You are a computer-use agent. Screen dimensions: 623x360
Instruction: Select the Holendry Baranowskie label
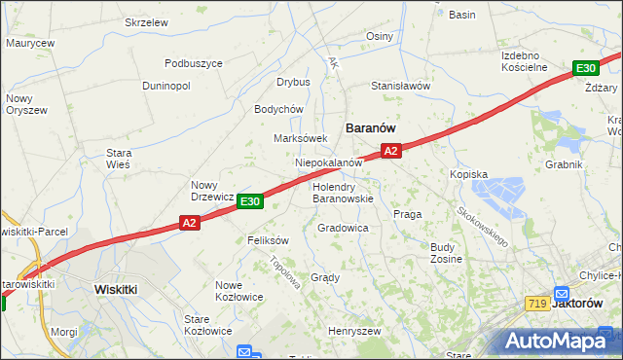point(342,192)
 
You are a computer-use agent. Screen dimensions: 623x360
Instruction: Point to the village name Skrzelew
point(147,21)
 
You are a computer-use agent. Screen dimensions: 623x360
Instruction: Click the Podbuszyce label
point(194,63)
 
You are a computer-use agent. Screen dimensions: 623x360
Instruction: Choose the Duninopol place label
point(165,86)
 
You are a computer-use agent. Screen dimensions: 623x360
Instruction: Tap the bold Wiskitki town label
point(120,289)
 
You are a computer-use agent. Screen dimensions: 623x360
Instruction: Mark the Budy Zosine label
point(446,253)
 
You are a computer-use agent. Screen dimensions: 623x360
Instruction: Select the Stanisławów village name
point(400,86)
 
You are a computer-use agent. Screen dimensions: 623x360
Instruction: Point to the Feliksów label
point(269,239)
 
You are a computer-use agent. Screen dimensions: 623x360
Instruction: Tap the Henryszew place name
point(353,331)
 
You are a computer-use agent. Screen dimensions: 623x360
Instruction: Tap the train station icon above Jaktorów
point(562,293)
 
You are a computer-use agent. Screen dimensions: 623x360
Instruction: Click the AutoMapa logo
point(558,341)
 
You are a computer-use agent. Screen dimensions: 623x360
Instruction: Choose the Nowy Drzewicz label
point(211,191)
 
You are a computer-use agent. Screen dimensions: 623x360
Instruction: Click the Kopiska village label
point(468,173)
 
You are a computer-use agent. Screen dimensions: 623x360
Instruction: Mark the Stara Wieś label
point(119,159)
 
